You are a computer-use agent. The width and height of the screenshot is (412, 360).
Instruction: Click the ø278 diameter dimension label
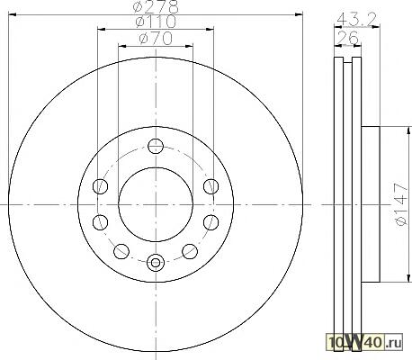156,6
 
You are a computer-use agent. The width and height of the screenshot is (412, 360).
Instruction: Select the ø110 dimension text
156,22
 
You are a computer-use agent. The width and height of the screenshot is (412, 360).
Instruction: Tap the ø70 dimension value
156,38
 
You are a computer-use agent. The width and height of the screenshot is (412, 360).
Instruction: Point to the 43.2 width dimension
356,20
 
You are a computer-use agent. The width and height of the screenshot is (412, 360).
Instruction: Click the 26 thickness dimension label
348,38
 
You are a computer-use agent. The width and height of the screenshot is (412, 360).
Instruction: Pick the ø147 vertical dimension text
401,204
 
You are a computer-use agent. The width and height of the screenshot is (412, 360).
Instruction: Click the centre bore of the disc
156,204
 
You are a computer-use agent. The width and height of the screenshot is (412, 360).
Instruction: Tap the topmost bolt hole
156,147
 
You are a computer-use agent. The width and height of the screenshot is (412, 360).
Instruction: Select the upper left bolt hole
100,186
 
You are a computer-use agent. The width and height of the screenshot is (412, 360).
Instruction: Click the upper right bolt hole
210,186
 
